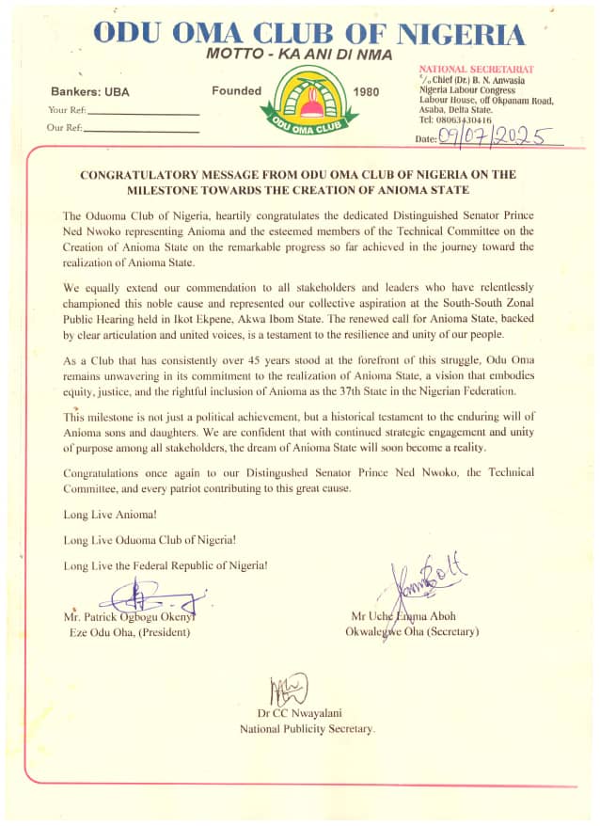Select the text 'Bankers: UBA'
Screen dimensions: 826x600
click(x=87, y=92)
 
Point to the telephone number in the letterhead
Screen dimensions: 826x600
click(x=456, y=119)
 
